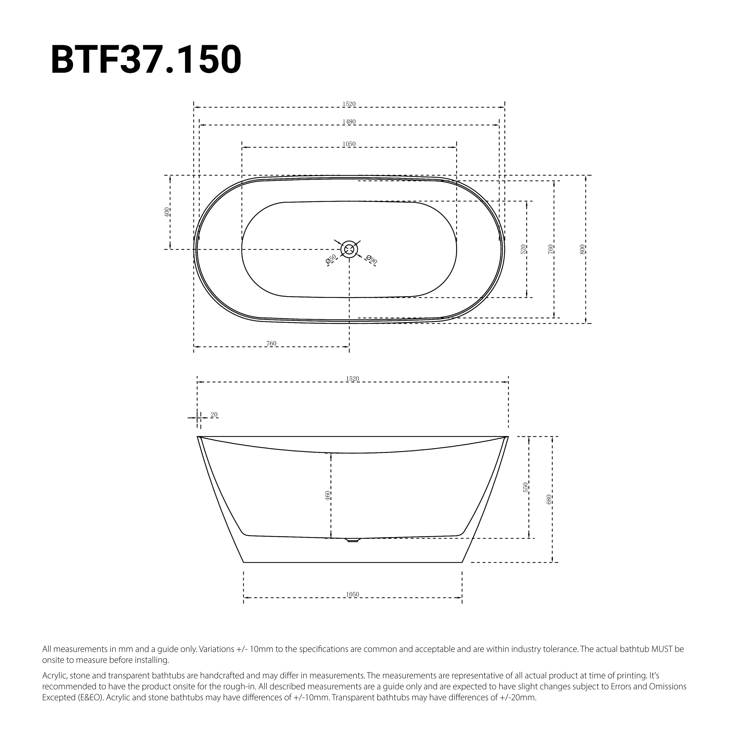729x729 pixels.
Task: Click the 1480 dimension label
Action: click(349, 122)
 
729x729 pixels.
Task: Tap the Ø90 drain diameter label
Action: click(372, 260)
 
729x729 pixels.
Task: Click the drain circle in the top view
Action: click(349, 249)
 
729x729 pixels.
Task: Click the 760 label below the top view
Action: click(271, 343)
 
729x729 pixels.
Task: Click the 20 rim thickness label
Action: click(214, 415)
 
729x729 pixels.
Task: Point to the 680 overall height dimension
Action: click(549, 499)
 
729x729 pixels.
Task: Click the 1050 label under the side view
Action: click(352, 594)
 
